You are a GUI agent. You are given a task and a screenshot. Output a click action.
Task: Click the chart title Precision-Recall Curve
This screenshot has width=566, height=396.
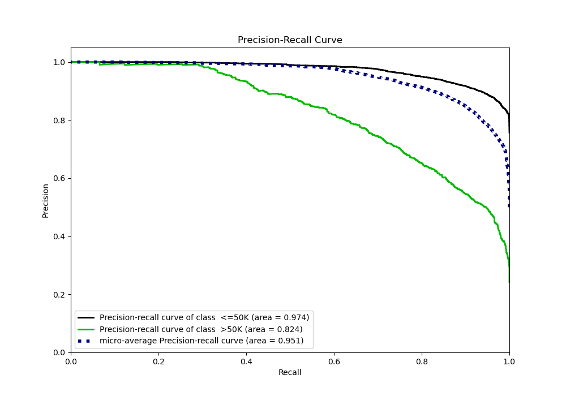(290, 40)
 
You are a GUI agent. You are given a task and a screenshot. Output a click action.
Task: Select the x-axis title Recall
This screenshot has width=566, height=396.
(290, 372)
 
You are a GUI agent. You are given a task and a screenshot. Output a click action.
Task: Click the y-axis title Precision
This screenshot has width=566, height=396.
(46, 200)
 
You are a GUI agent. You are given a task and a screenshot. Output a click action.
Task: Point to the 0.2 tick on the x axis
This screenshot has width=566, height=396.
(158, 360)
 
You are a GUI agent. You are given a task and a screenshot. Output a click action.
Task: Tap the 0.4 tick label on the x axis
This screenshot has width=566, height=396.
(246, 360)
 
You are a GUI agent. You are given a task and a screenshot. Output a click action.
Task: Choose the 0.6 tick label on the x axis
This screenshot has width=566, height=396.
(334, 360)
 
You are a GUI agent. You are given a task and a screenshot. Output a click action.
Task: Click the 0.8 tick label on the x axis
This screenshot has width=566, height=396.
(422, 360)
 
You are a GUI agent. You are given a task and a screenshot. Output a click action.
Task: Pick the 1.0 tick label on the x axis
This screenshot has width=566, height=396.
(509, 360)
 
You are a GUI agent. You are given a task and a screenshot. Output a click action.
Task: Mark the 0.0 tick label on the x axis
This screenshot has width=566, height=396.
(71, 360)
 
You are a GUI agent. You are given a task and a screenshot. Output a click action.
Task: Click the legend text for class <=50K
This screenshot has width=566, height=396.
(204, 317)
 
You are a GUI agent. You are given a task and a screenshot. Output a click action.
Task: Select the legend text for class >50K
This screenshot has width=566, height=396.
(201, 329)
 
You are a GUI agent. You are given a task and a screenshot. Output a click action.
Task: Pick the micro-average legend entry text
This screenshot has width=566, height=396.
(201, 341)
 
